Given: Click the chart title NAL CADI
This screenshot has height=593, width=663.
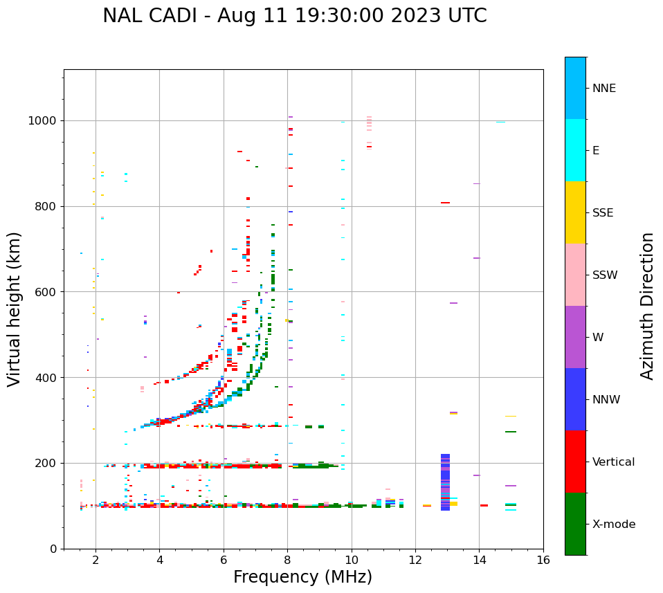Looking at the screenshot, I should [294, 16].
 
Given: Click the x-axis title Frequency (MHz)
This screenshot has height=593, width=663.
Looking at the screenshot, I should [302, 577].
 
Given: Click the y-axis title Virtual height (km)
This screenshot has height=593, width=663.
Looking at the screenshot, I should [15, 309].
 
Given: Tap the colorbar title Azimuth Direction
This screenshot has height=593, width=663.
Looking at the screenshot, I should [647, 306].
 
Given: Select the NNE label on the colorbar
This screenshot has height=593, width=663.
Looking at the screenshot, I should [603, 89].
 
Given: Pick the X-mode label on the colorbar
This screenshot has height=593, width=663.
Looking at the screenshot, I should [613, 524].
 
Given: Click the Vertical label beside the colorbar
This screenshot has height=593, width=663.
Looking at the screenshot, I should [613, 462].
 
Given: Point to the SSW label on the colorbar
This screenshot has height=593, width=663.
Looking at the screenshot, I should [605, 275].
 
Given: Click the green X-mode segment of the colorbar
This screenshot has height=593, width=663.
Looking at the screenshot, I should [575, 524].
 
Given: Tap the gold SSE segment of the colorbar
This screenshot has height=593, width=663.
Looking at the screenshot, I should [575, 212].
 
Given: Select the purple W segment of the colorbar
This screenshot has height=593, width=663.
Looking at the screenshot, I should [575, 337].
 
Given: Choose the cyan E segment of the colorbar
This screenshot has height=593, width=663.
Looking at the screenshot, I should [575, 150].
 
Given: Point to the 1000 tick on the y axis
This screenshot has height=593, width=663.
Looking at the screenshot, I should [43, 121].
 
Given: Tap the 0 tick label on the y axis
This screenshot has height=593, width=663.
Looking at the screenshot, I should [54, 549].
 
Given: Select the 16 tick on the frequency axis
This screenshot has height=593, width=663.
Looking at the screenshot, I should [543, 560].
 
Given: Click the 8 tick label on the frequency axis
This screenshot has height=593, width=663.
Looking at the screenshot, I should [287, 560].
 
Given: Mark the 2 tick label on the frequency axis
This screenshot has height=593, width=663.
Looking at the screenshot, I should [96, 560].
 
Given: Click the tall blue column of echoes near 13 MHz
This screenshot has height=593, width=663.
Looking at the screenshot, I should [445, 482].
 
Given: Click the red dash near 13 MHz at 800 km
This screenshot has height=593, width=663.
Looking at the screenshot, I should [445, 203].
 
